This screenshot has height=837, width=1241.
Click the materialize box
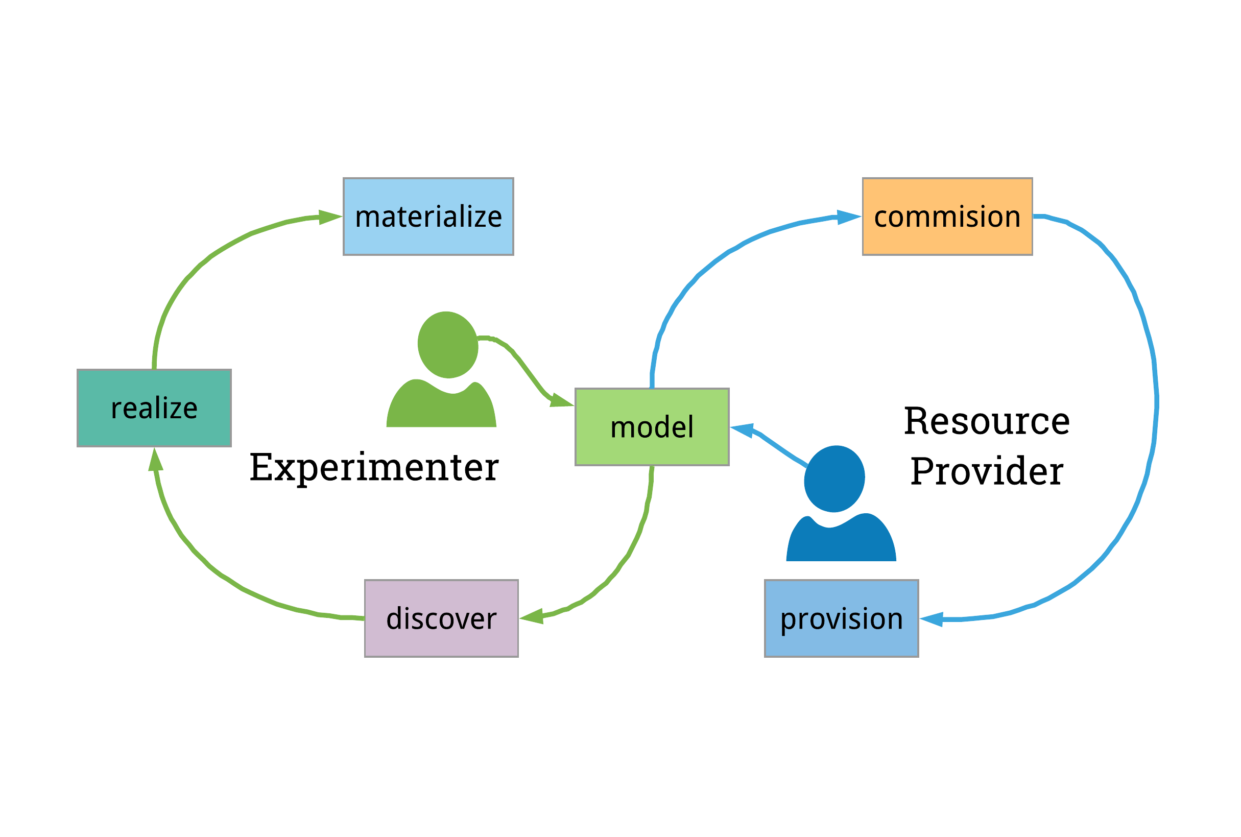(428, 216)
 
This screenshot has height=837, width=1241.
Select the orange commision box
(947, 216)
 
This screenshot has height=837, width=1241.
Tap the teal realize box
(154, 408)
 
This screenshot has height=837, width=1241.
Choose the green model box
(652, 427)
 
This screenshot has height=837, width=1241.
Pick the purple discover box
(441, 618)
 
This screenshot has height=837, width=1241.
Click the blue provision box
(841, 618)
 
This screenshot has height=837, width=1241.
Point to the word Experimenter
(374, 468)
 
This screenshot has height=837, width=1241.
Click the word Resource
(986, 421)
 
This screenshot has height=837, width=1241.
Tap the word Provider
(986, 471)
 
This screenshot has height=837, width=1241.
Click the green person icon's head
(447, 345)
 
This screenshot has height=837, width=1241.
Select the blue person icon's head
(834, 479)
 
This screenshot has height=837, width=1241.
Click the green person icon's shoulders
(441, 409)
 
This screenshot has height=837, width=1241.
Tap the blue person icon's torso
(841, 542)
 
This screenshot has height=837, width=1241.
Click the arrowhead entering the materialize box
(329, 217)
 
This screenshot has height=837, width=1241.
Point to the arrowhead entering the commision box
(848, 217)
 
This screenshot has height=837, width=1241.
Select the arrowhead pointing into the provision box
(932, 619)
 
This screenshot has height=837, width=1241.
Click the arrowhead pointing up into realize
(155, 461)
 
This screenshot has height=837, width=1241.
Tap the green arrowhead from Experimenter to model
(561, 400)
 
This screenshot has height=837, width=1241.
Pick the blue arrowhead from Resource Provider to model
(743, 429)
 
